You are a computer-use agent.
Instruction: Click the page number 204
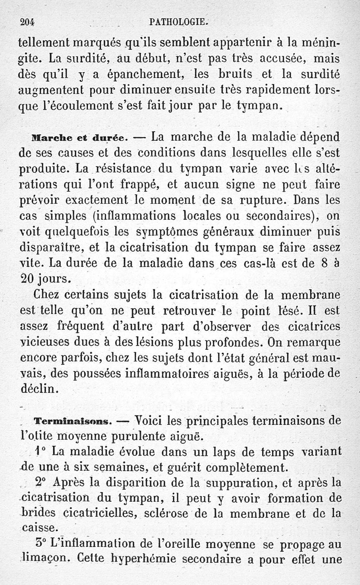point(28,21)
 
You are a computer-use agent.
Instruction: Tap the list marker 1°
point(40,451)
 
